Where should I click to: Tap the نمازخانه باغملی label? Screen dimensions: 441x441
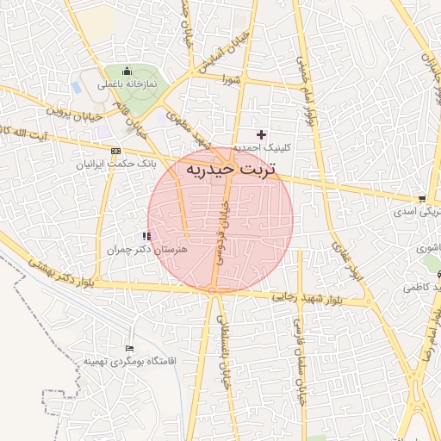click(127, 84)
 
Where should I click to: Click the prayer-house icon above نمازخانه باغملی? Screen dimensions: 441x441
click(127, 71)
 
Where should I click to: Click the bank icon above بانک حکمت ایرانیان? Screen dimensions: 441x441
click(115, 151)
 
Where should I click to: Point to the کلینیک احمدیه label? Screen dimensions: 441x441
click(263, 147)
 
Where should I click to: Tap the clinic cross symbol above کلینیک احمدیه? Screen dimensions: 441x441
click(262, 134)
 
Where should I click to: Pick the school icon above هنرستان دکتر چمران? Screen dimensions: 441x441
click(147, 236)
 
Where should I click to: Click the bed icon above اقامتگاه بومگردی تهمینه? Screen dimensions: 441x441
click(130, 347)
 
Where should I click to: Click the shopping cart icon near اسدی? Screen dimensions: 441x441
click(421, 199)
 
